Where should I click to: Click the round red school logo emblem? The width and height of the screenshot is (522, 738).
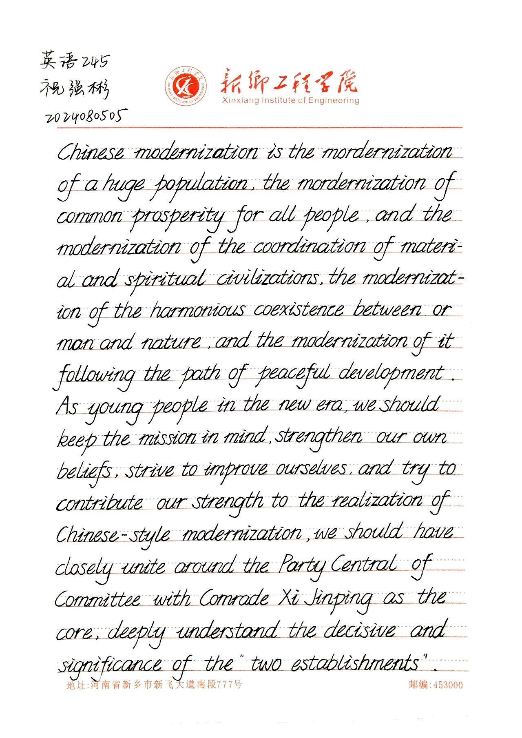(186, 87)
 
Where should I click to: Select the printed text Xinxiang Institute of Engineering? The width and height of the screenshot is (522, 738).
(290, 100)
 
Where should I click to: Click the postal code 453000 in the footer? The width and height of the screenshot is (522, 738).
(436, 685)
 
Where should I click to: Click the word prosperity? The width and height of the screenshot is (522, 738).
(178, 217)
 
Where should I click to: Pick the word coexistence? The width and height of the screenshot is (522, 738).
(299, 311)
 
